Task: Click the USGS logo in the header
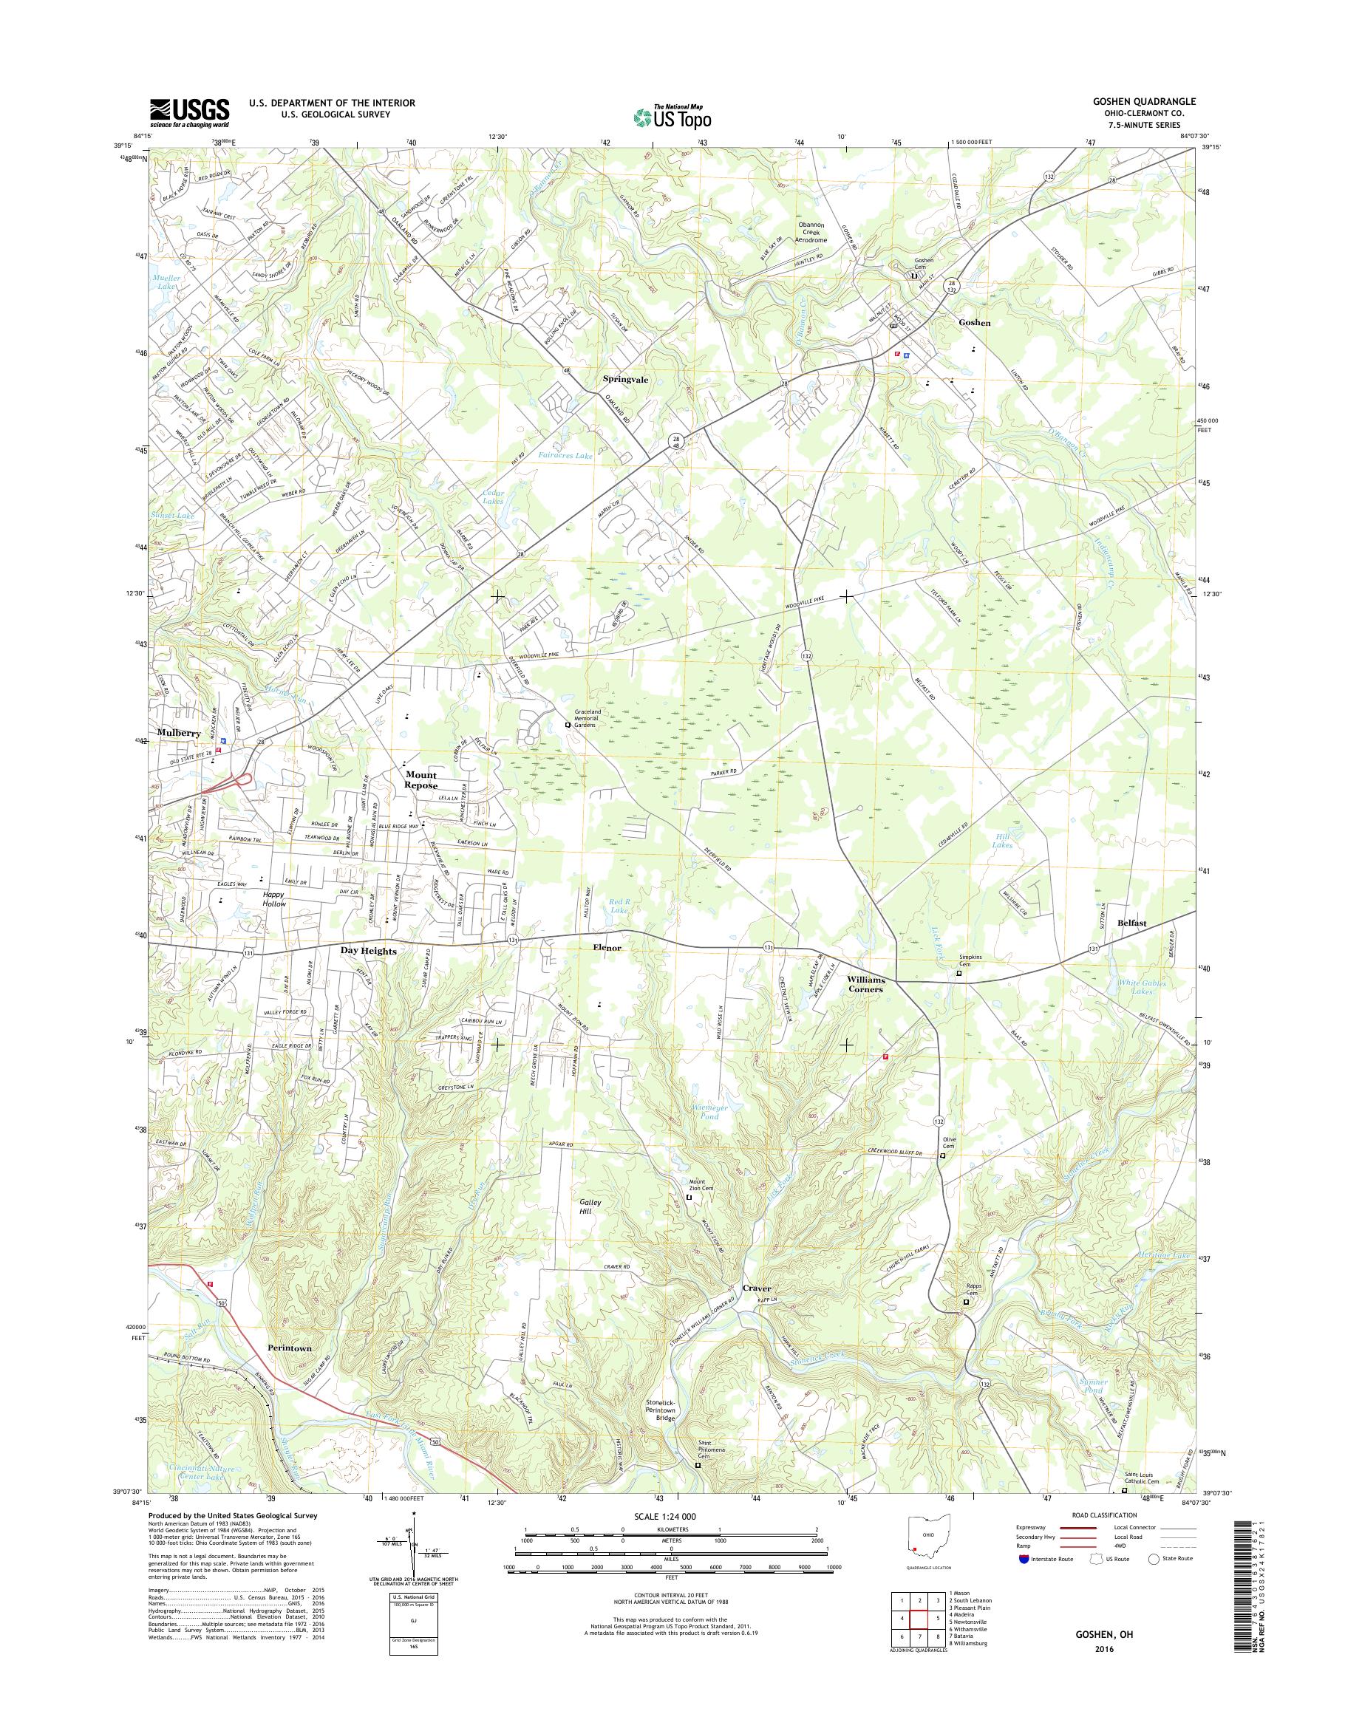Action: tap(190, 112)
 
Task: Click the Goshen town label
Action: tap(975, 323)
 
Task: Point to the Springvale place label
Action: tap(625, 380)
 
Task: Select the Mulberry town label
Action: tap(180, 732)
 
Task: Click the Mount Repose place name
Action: tap(420, 780)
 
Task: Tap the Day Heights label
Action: tap(369, 951)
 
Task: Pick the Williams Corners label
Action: tap(866, 984)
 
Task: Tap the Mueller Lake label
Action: tap(168, 283)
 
